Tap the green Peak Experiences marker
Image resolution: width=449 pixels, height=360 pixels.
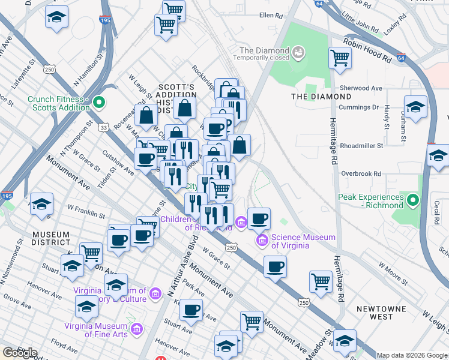(x=412, y=200)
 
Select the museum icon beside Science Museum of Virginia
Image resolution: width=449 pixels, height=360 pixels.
(x=262, y=241)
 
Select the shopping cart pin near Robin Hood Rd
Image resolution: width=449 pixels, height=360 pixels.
(x=340, y=58)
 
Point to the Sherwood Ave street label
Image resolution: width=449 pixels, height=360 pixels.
(x=361, y=88)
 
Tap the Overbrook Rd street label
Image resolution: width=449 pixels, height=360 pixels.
(x=361, y=173)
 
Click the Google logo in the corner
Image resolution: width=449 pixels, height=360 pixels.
(x=20, y=353)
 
